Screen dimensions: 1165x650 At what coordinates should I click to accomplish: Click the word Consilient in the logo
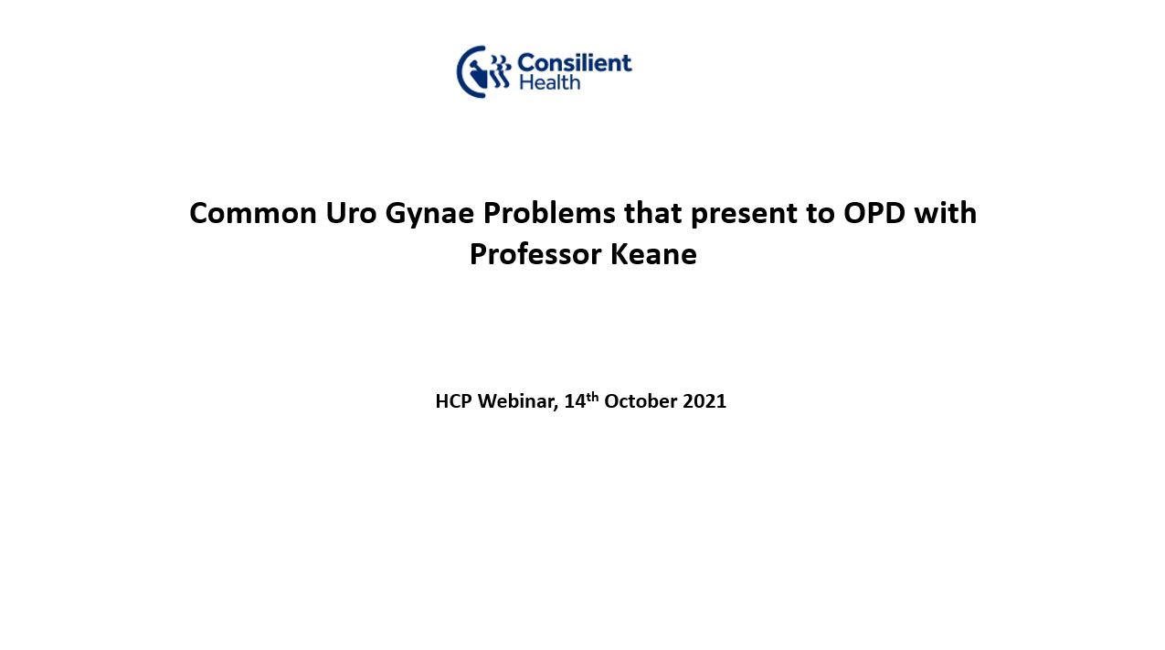574,62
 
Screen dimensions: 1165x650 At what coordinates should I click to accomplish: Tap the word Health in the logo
549,82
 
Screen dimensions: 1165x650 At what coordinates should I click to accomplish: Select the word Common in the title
253,213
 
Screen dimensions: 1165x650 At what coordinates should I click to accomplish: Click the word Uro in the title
351,213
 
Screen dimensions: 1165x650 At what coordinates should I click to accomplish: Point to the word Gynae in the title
429,216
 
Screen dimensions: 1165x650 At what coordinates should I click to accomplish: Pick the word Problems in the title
549,213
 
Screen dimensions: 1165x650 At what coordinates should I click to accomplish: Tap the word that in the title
652,212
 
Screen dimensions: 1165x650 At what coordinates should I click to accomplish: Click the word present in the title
744,216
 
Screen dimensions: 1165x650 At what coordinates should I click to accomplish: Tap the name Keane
653,254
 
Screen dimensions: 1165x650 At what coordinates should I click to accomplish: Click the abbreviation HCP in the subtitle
453,401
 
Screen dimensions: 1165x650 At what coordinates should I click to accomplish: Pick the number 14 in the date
575,401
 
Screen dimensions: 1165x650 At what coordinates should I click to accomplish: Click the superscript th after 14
592,397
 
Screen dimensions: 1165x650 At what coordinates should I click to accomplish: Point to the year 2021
704,401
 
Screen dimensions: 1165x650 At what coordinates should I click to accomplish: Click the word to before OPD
821,214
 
